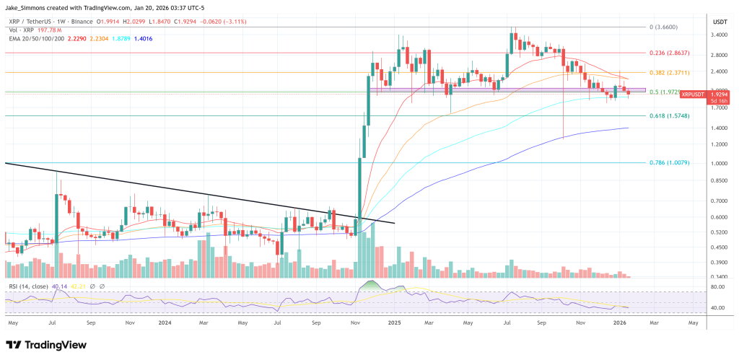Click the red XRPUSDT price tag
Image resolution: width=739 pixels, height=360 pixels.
click(693, 94)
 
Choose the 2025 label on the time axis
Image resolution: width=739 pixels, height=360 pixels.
click(394, 324)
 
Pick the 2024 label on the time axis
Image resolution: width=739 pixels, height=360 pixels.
click(166, 324)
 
